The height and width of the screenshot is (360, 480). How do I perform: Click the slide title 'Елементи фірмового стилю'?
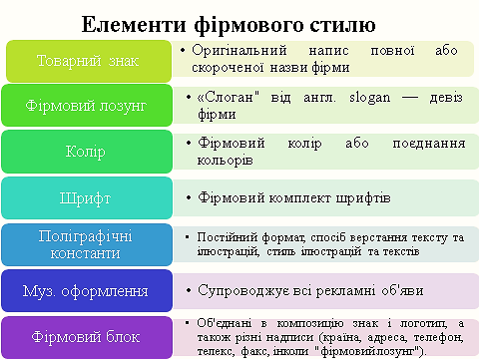240,22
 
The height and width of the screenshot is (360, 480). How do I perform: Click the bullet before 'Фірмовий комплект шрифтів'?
190,197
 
